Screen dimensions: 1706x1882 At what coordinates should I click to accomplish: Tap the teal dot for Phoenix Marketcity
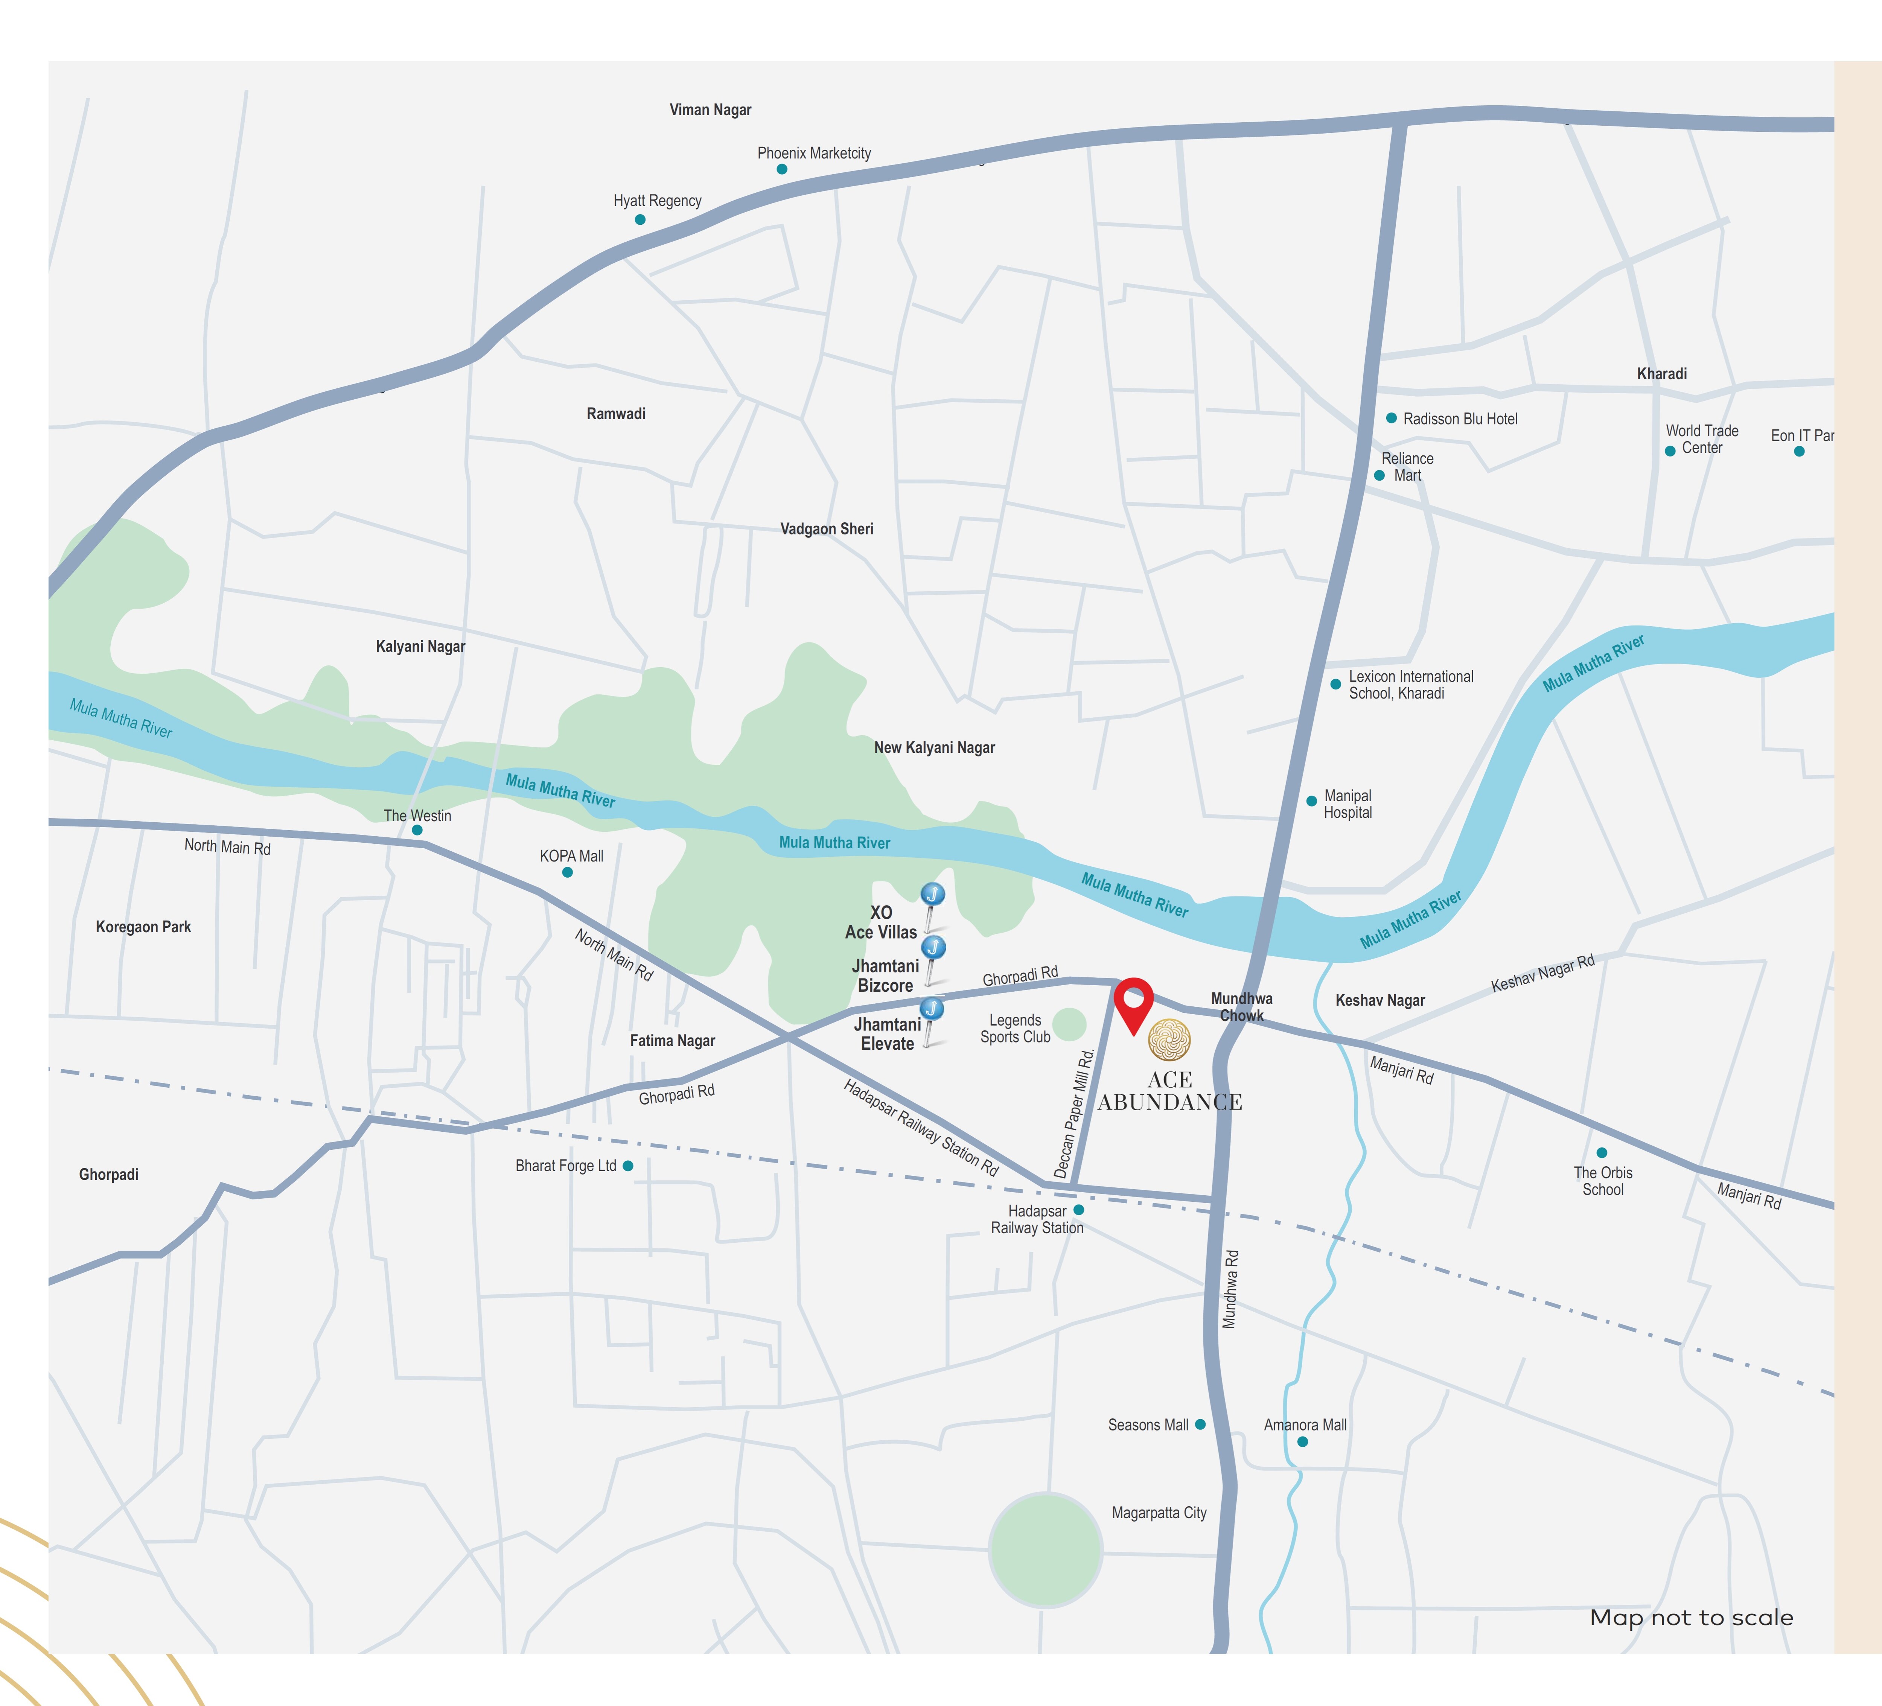[x=781, y=169]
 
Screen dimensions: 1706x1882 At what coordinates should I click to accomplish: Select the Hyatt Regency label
[x=657, y=201]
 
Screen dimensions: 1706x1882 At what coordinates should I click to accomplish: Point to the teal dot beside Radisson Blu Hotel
[x=1391, y=418]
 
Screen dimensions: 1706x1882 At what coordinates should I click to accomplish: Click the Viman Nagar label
[x=710, y=110]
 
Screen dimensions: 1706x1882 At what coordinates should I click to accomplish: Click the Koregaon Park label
[x=143, y=927]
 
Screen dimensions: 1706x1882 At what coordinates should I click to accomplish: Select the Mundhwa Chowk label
[x=1242, y=1007]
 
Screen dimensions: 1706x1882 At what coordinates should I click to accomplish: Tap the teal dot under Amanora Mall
[x=1302, y=1442]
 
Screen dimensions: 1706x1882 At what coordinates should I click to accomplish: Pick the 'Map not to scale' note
[x=1691, y=1617]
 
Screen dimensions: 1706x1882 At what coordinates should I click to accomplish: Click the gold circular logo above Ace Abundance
[x=1169, y=1039]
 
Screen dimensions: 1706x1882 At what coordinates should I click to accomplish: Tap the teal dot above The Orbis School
[x=1602, y=1153]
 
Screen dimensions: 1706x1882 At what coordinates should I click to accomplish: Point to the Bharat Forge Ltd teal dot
[x=627, y=1166]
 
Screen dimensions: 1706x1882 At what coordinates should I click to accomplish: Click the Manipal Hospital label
[x=1347, y=805]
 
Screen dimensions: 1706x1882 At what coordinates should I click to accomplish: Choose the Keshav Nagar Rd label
[x=1542, y=973]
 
